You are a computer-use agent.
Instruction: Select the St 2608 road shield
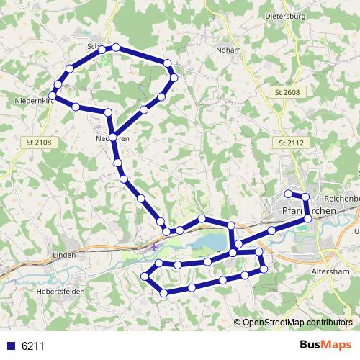pyautogui.click(x=286, y=94)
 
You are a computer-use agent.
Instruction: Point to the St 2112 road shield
pyautogui.click(x=291, y=143)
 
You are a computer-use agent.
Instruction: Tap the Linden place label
pyautogui.click(x=64, y=255)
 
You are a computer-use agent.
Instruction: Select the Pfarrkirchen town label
pyautogui.click(x=305, y=210)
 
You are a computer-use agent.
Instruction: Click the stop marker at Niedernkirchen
pyautogui.click(x=52, y=96)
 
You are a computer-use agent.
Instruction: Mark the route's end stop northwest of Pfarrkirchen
pyautogui.click(x=287, y=193)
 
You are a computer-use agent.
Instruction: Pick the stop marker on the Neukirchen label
pyautogui.click(x=113, y=137)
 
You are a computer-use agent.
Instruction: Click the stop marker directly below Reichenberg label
pyautogui.click(x=308, y=218)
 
